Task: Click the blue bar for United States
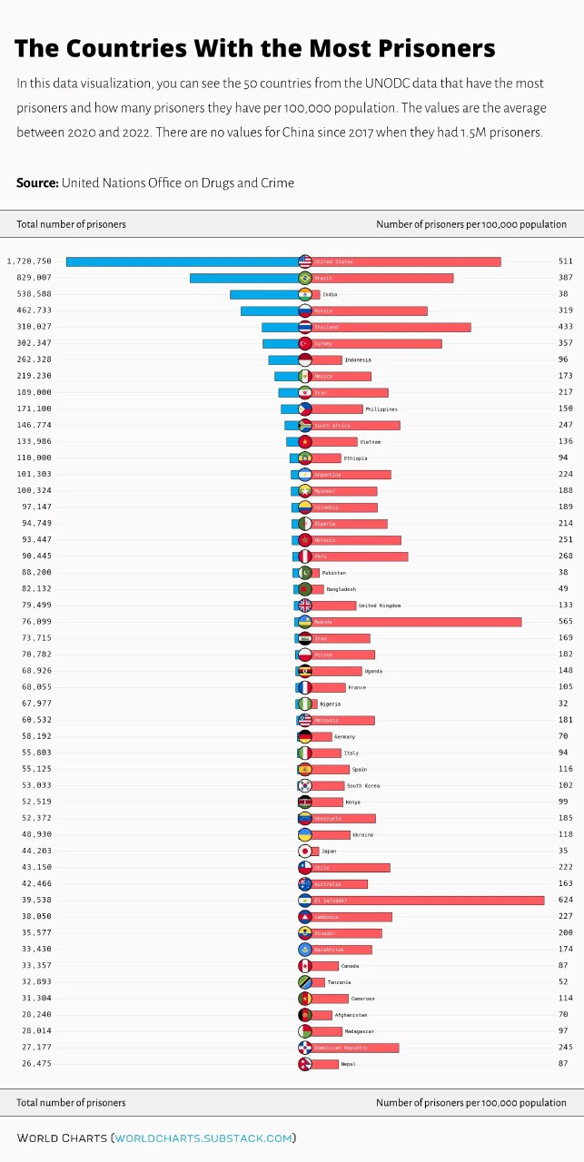click(182, 261)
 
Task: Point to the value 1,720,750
click(29, 261)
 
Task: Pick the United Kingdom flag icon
click(305, 606)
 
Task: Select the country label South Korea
click(363, 785)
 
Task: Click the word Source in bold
click(37, 183)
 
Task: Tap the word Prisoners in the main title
click(436, 48)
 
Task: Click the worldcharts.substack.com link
click(203, 1137)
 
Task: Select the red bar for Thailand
click(391, 327)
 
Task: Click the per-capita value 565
click(566, 622)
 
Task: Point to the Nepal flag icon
click(305, 1063)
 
